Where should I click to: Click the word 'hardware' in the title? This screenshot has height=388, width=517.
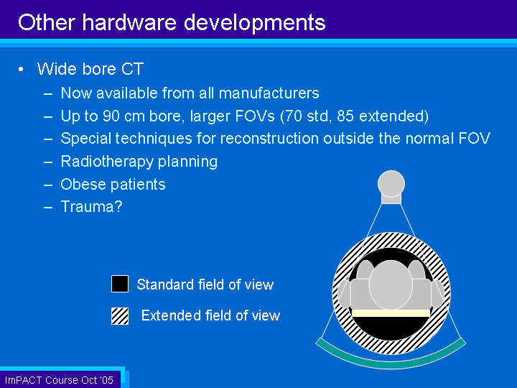click(x=129, y=22)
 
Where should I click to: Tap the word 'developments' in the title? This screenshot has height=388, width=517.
click(x=254, y=24)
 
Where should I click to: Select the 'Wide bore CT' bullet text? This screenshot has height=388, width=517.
click(x=90, y=69)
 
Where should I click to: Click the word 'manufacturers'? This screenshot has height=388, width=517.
click(x=269, y=93)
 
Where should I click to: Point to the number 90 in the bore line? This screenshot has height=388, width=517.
click(x=111, y=116)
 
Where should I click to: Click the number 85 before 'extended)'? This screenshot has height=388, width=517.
click(x=345, y=116)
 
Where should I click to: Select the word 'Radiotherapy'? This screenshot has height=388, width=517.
click(x=107, y=162)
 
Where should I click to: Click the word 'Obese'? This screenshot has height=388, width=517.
click(x=83, y=184)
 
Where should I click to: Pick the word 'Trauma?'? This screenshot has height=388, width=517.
click(x=92, y=207)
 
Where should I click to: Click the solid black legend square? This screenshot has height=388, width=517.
click(x=120, y=284)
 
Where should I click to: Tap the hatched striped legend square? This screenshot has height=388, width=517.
click(x=120, y=316)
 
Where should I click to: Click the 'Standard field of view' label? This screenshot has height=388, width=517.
click(x=205, y=285)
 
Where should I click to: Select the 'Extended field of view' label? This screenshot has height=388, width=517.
click(x=210, y=315)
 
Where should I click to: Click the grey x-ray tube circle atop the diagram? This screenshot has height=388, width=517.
click(x=391, y=183)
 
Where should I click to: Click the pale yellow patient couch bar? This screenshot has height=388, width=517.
click(x=391, y=313)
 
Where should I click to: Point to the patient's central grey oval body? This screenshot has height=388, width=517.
click(x=391, y=285)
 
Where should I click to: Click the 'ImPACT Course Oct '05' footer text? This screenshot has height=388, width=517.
click(x=59, y=380)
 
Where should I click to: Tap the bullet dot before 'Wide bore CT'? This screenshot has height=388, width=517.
click(x=21, y=69)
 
